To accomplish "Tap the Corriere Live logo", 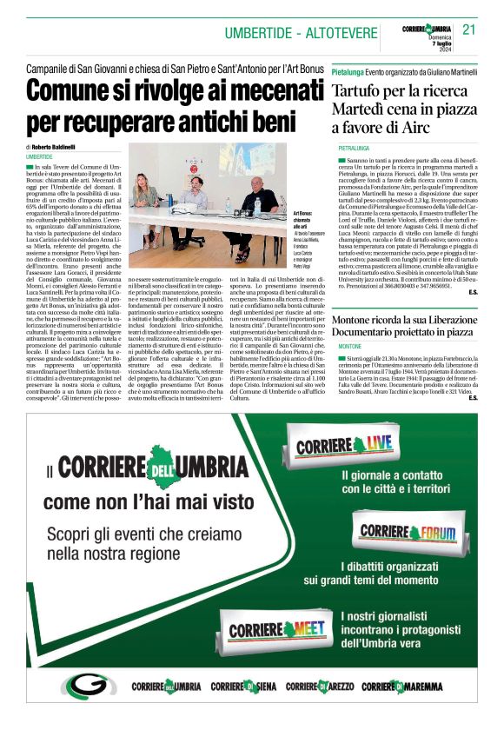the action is click(343, 447).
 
